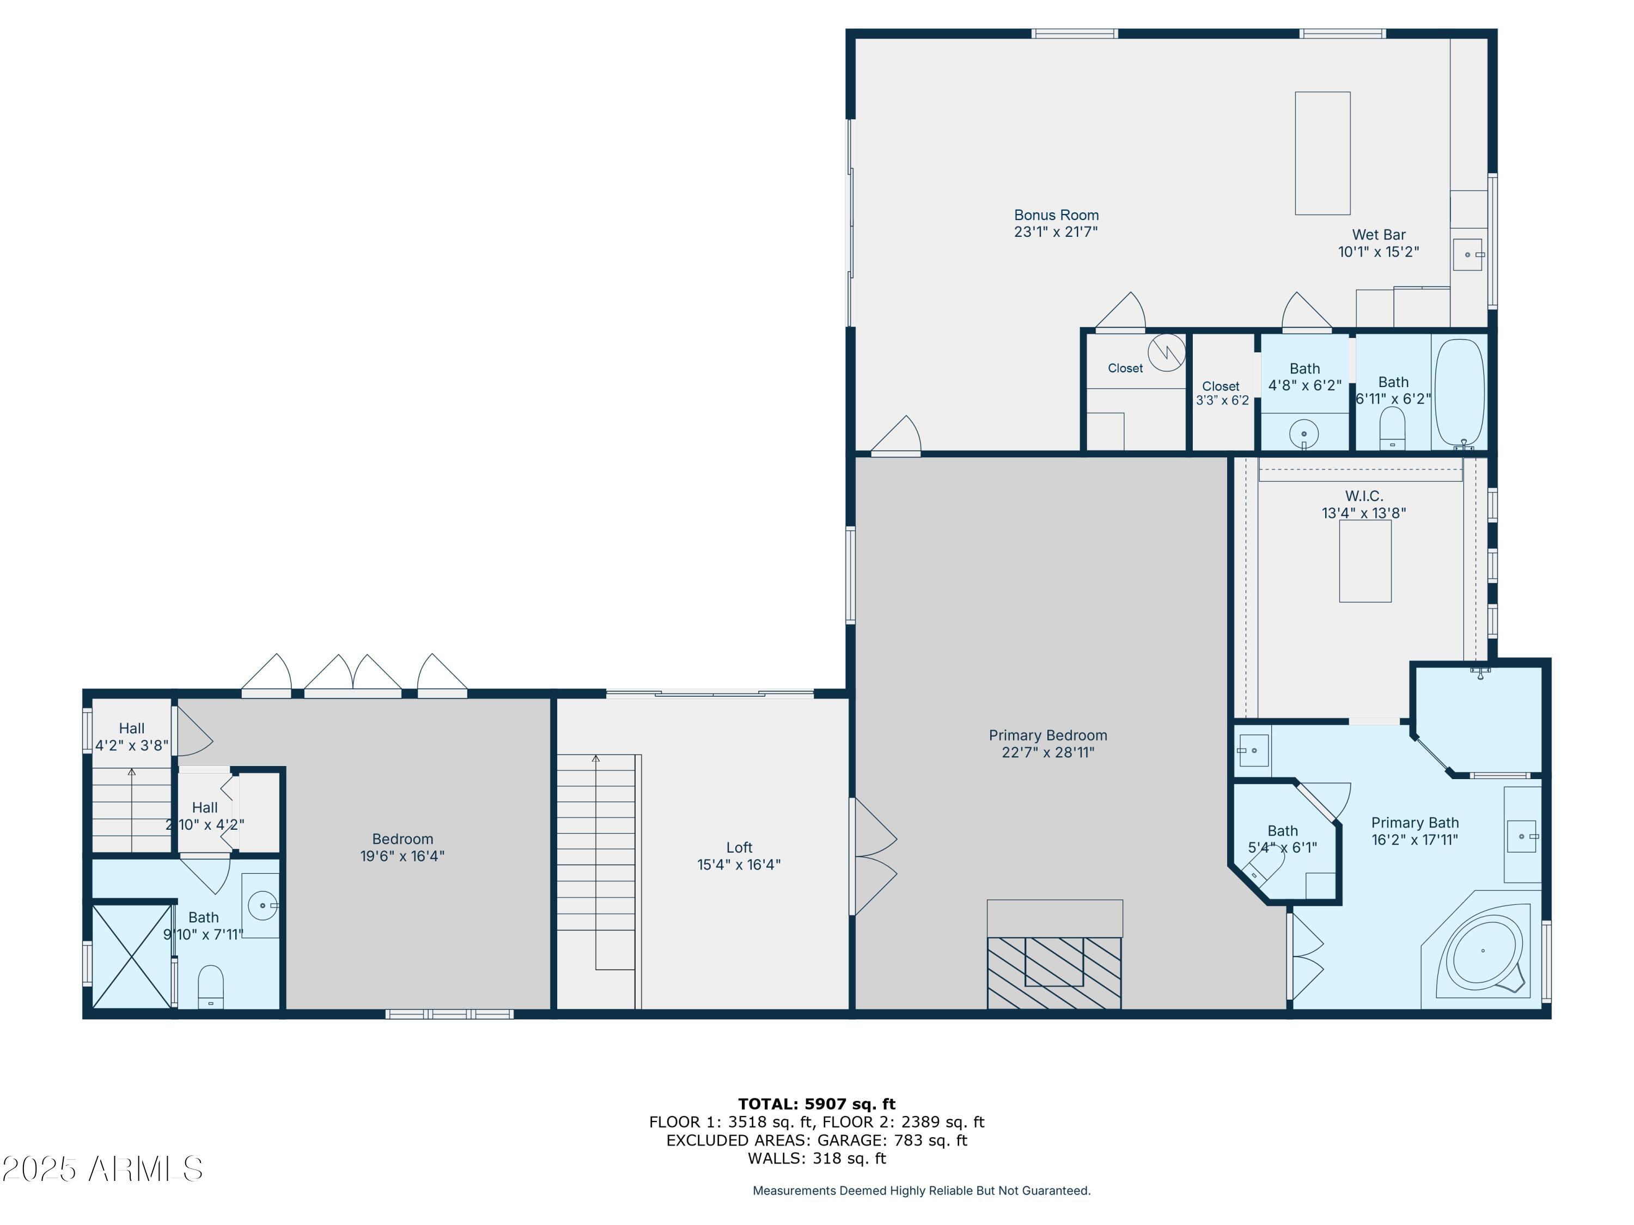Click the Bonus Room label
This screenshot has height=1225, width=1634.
[1056, 216]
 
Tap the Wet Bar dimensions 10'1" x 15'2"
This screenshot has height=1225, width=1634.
[1379, 252]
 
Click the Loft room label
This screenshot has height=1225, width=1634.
[739, 848]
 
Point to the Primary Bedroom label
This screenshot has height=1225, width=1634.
[1047, 736]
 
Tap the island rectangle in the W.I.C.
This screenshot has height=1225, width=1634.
[1365, 561]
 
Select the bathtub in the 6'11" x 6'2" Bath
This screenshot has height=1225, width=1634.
[1459, 391]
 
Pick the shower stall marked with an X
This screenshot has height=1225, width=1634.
[131, 957]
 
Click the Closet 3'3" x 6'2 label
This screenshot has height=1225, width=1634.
[1221, 393]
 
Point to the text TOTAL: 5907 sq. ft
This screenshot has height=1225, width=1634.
[816, 1104]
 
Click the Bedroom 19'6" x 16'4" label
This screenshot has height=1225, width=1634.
[402, 848]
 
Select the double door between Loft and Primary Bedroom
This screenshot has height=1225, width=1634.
[874, 856]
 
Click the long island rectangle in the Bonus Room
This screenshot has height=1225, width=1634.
[1322, 153]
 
